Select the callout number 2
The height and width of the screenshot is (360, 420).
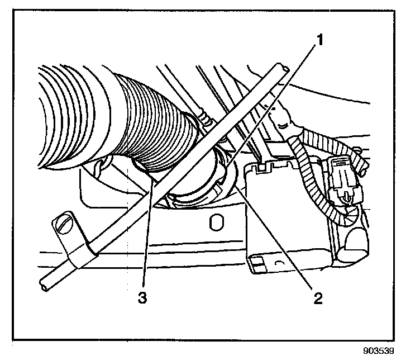click(x=317, y=297)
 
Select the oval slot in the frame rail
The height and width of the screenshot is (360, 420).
click(x=213, y=224)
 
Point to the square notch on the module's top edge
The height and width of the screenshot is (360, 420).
click(x=261, y=167)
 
